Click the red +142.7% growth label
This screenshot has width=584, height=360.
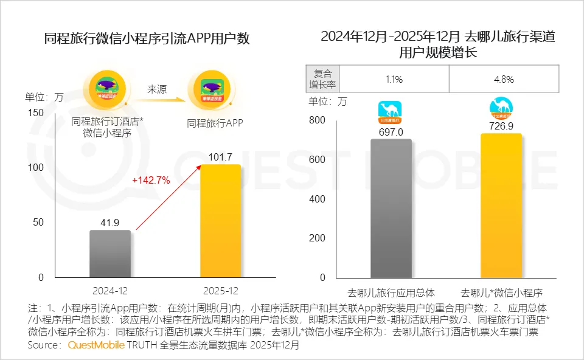(151, 180)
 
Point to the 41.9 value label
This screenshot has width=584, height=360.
(110, 222)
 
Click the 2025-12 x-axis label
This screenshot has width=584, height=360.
(220, 291)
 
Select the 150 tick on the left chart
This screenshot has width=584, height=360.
(36, 113)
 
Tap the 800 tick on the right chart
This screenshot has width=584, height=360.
(318, 120)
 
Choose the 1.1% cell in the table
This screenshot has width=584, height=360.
(394, 79)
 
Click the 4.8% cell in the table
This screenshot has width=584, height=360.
(504, 79)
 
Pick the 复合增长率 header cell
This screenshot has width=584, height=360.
(321, 79)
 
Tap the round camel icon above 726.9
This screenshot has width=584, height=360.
(501, 108)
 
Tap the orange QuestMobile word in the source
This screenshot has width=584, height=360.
(96, 345)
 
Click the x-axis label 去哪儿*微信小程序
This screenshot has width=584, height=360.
(501, 291)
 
